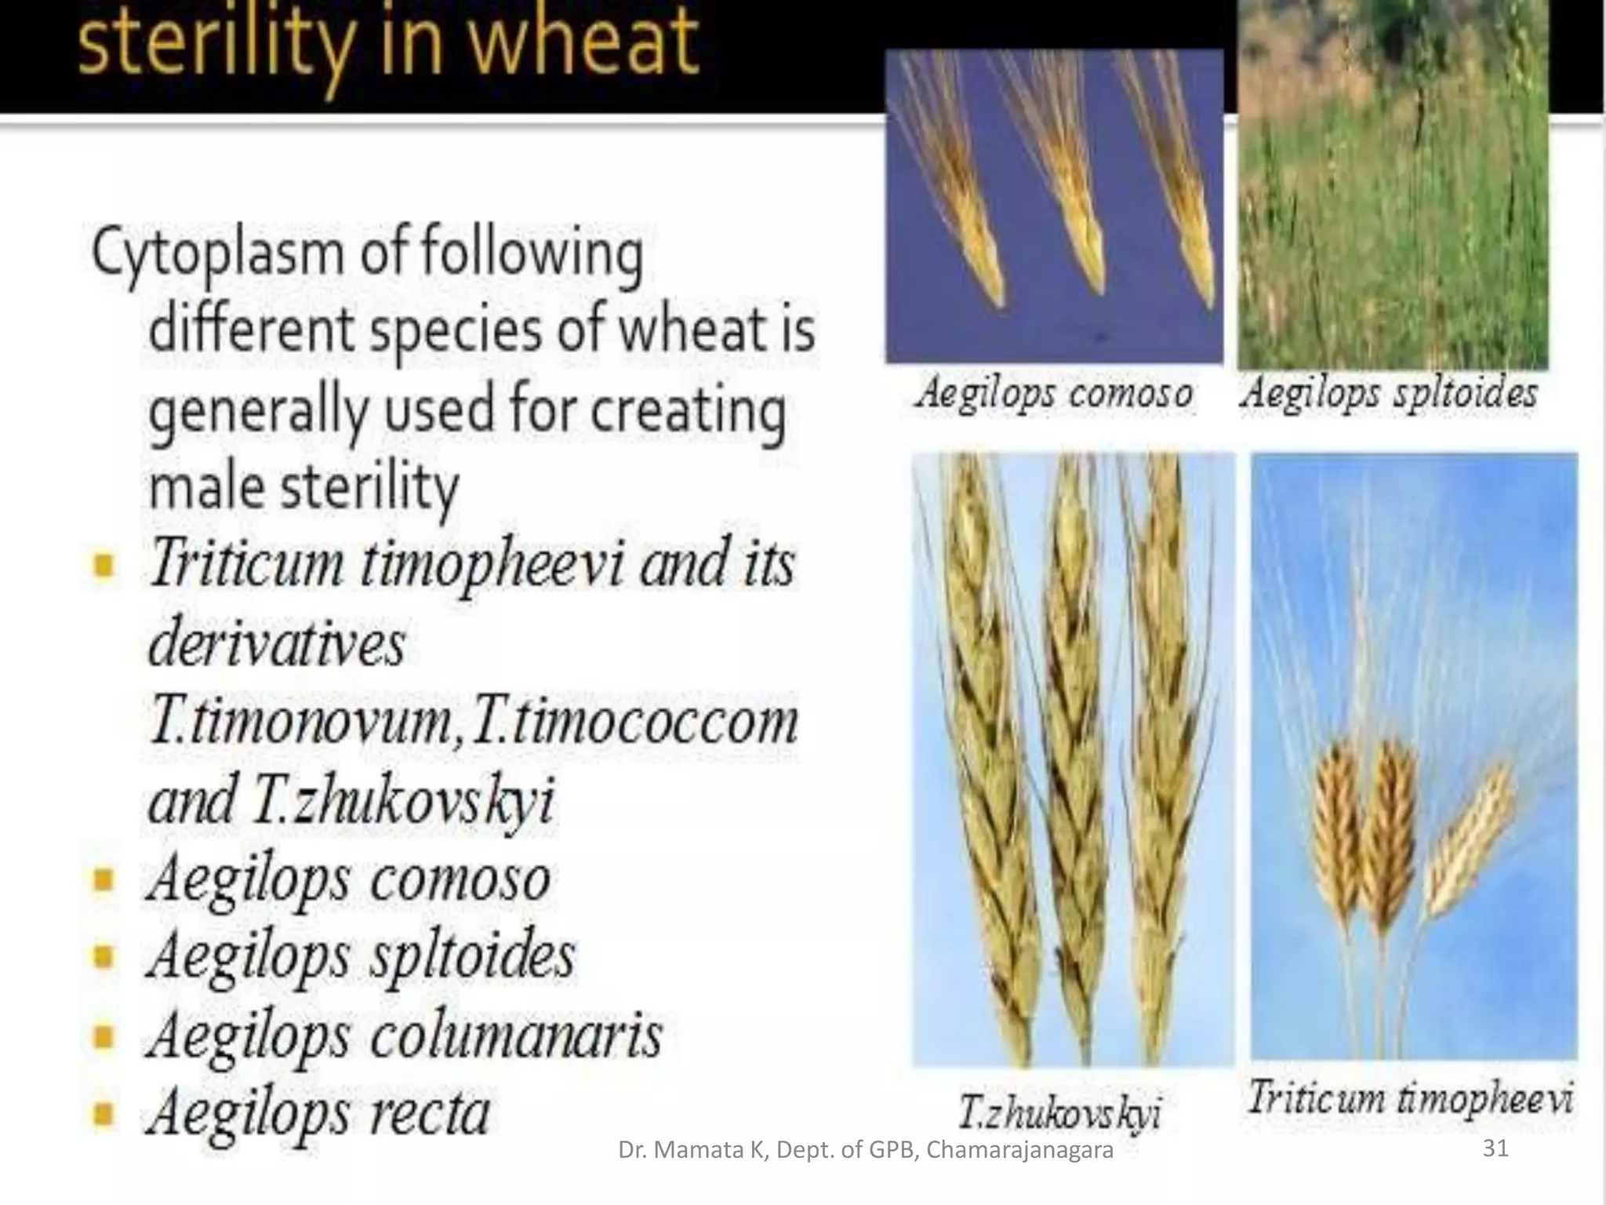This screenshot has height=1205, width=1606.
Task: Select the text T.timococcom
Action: tap(635, 722)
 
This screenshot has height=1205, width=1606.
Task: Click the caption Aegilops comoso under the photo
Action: tap(1053, 392)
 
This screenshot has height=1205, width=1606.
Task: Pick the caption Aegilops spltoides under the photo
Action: tap(1388, 392)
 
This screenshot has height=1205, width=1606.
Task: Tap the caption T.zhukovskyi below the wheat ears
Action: tap(1060, 1112)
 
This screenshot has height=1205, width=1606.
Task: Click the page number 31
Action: tap(1495, 1149)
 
